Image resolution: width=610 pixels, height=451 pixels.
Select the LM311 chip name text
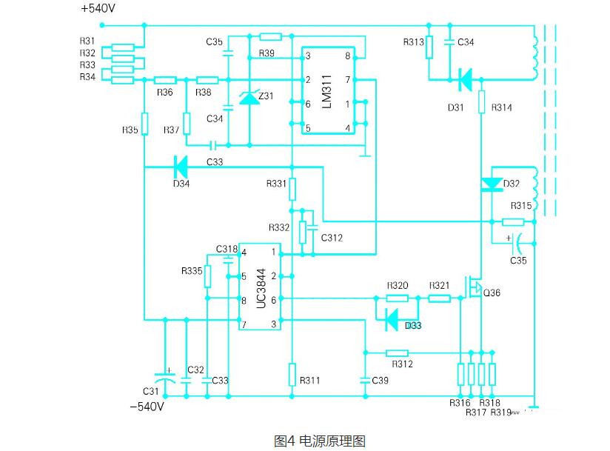coord(326,93)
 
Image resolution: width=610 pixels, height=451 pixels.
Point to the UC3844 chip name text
coord(260,288)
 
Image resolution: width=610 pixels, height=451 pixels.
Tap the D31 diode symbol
coord(465,79)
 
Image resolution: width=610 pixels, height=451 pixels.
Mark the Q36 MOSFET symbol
coord(475,287)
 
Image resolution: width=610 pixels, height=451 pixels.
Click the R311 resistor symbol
coord(292,373)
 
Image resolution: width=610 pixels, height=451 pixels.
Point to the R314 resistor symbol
coord(482,101)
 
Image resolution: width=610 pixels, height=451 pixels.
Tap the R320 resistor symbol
coord(398,298)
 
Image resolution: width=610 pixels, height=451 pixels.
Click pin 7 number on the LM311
coord(347,79)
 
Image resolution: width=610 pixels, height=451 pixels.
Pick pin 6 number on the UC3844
coord(273,299)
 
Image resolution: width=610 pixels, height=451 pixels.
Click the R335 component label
coord(191,271)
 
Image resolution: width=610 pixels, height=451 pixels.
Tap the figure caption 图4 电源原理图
coord(320,441)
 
